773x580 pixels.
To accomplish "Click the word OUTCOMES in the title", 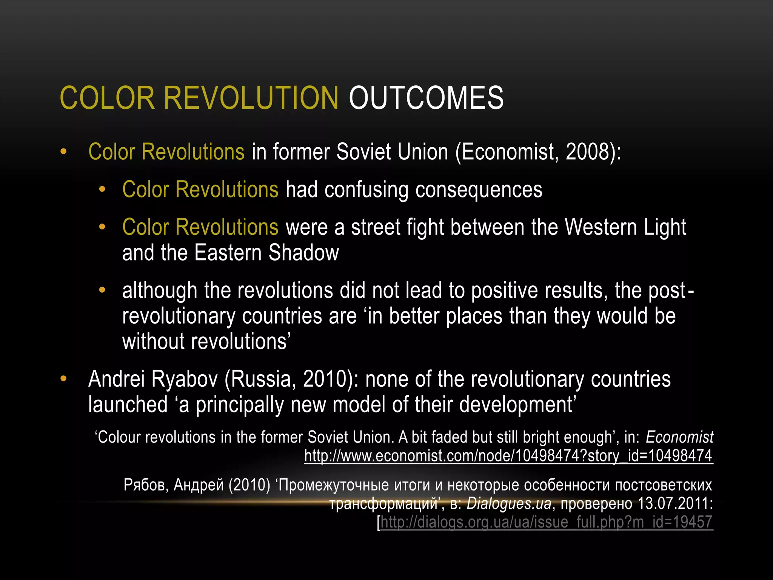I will pyautogui.click(x=426, y=98).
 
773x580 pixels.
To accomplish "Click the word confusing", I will pyautogui.click(x=366, y=190).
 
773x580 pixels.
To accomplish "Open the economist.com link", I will pyautogui.click(x=508, y=456).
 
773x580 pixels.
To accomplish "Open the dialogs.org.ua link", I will pyautogui.click(x=546, y=522).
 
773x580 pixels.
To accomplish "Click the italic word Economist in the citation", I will pyautogui.click(x=679, y=437).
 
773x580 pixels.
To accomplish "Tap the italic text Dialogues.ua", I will pyautogui.click(x=509, y=503).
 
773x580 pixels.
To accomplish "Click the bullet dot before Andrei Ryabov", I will pyautogui.click(x=63, y=379).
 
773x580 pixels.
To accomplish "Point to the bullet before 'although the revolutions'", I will pyautogui.click(x=102, y=290).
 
